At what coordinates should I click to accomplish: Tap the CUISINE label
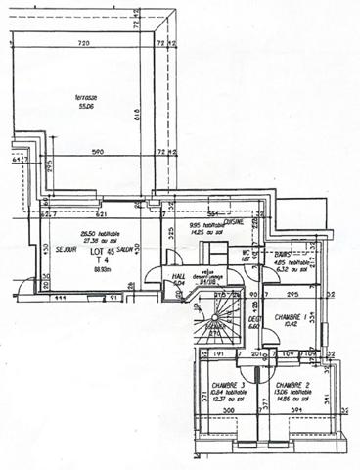(233, 222)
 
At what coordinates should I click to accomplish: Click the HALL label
(179, 277)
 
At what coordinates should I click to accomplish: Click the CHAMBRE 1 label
(291, 316)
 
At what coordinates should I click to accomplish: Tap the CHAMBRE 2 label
(292, 385)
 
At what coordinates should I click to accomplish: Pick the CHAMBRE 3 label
(226, 385)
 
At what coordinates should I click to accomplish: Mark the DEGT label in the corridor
(253, 319)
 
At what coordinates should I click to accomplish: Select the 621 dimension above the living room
(101, 213)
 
